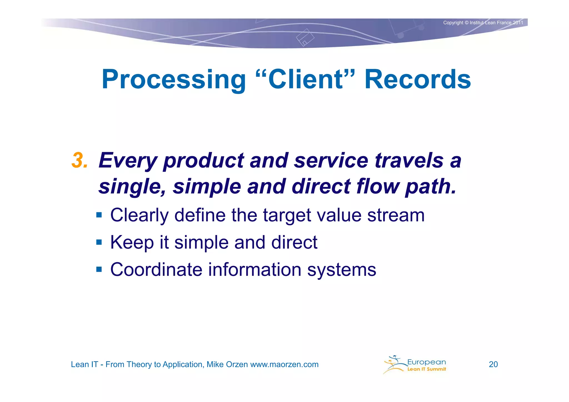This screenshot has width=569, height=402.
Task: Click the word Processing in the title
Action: [174, 80]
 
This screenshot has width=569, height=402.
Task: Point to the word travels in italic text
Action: [409, 161]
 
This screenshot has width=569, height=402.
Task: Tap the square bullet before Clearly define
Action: [99, 215]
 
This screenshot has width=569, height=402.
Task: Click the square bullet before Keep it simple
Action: [99, 242]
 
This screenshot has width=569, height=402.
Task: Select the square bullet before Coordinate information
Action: [99, 269]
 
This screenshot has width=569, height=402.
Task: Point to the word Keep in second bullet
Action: [132, 242]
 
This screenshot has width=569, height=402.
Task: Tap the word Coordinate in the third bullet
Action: [156, 269]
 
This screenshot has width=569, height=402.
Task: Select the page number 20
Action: [493, 364]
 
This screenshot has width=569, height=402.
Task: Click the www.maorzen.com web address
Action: [284, 364]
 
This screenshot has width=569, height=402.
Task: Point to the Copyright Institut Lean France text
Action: [483, 23]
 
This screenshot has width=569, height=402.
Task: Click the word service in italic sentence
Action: [331, 161]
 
